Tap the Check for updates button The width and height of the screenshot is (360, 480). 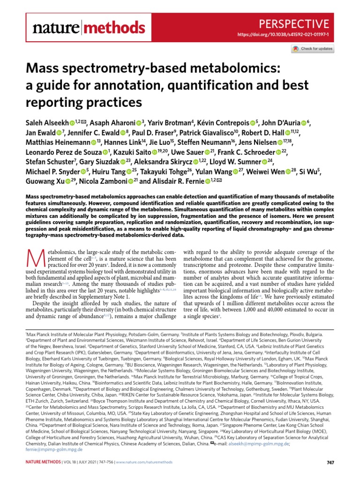coord(312,49)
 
